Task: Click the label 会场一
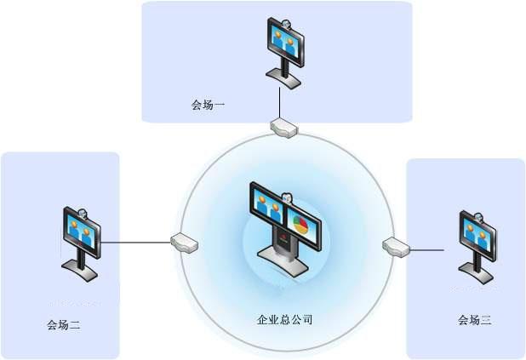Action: tap(208, 106)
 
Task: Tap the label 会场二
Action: tap(64, 324)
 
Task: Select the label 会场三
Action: tap(474, 321)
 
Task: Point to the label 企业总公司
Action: tap(285, 320)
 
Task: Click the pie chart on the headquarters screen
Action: tap(300, 226)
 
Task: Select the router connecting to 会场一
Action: tap(284, 128)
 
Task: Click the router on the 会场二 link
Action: tap(185, 243)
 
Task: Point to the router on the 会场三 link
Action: tap(397, 248)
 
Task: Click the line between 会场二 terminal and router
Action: tap(136, 242)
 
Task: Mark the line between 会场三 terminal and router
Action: tap(430, 249)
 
